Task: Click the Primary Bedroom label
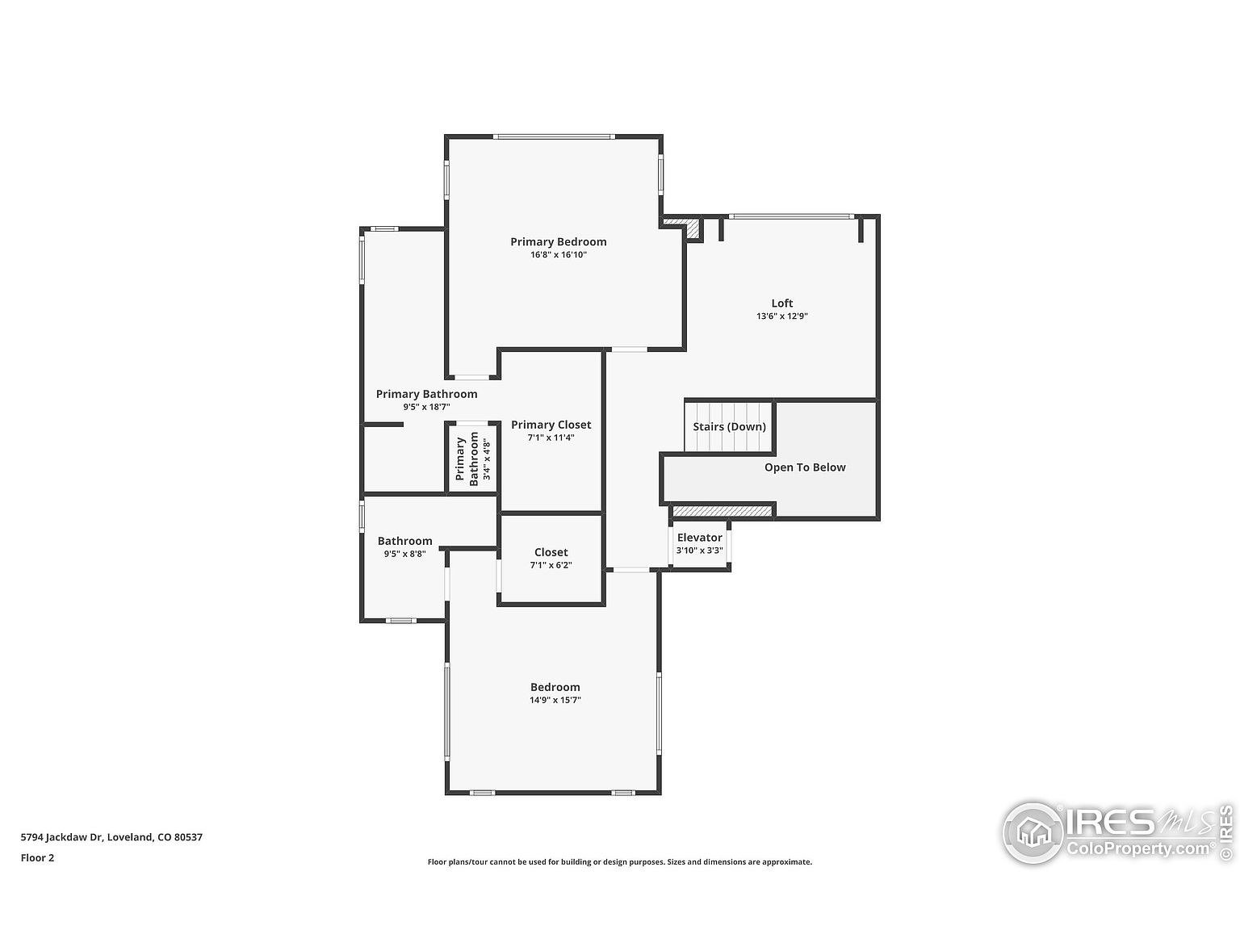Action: (558, 241)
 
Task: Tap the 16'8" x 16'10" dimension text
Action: (558, 255)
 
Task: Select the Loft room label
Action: (781, 304)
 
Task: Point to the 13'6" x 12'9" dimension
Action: (781, 316)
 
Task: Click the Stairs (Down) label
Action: (729, 426)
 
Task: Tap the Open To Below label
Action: (805, 467)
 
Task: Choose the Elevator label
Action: (699, 538)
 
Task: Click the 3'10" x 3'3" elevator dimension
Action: (699, 551)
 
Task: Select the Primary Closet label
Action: (551, 425)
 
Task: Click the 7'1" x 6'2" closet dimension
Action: (551, 565)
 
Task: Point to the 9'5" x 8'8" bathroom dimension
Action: (404, 554)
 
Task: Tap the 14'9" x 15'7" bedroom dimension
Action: (555, 700)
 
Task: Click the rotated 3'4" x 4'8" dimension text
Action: (486, 460)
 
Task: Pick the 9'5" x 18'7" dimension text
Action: (426, 407)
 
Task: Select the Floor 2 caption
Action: (37, 857)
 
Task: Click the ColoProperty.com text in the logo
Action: (1140, 848)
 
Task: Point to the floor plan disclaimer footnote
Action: (619, 862)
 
